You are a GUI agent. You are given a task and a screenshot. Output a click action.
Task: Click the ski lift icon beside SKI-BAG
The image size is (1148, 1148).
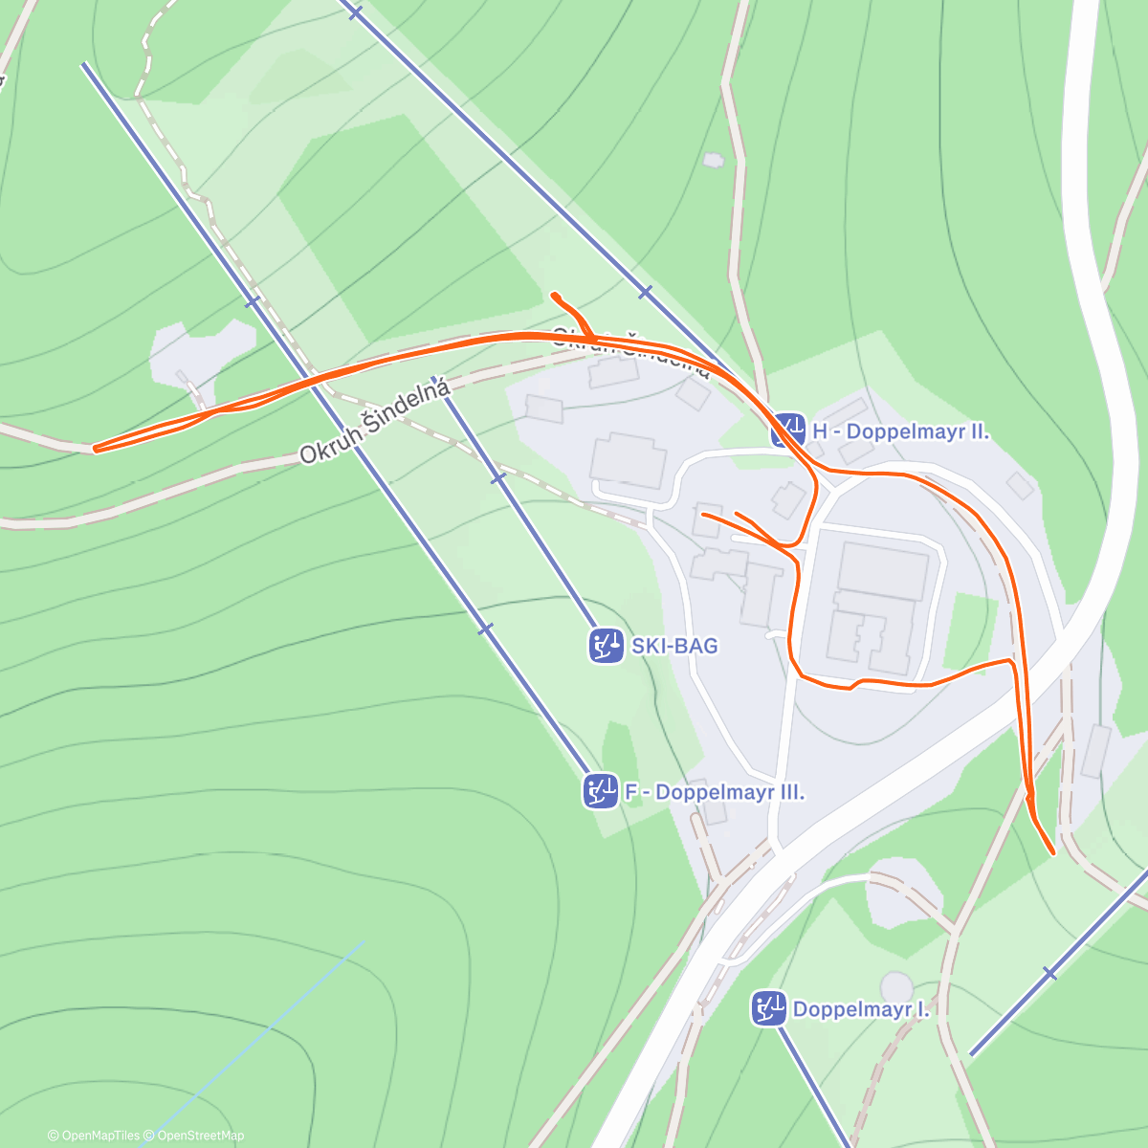pyautogui.click(x=605, y=646)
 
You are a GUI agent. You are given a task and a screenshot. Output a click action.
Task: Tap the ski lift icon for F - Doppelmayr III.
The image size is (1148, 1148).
pyautogui.click(x=599, y=792)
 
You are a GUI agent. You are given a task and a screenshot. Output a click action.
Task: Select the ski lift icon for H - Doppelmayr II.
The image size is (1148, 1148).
pyautogui.click(x=787, y=430)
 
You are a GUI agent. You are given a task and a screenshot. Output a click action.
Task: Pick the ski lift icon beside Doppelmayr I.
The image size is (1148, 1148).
pyautogui.click(x=768, y=1008)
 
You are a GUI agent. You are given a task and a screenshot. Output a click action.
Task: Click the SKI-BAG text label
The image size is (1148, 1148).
pyautogui.click(x=674, y=646)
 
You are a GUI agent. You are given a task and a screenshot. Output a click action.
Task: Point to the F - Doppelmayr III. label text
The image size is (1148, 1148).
pyautogui.click(x=714, y=793)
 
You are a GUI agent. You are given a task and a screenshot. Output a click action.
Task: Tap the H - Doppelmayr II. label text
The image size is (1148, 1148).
pyautogui.click(x=900, y=431)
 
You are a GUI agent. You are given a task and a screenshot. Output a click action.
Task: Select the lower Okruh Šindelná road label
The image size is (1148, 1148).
pyautogui.click(x=374, y=422)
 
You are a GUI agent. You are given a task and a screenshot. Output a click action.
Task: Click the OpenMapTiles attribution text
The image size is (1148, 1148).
pyautogui.click(x=94, y=1136)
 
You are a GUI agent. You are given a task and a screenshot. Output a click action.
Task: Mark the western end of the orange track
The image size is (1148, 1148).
pyautogui.click(x=95, y=448)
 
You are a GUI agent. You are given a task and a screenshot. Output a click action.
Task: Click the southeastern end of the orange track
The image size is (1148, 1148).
pyautogui.click(x=1052, y=851)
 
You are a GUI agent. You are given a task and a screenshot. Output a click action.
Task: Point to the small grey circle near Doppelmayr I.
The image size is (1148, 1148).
pyautogui.click(x=896, y=985)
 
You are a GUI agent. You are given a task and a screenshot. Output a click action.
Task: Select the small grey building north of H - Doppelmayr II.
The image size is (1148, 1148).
pyautogui.click(x=713, y=161)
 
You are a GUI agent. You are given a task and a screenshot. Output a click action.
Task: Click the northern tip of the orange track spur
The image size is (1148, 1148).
pyautogui.click(x=554, y=294)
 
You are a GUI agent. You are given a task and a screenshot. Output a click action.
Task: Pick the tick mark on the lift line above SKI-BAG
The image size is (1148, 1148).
pyautogui.click(x=497, y=477)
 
